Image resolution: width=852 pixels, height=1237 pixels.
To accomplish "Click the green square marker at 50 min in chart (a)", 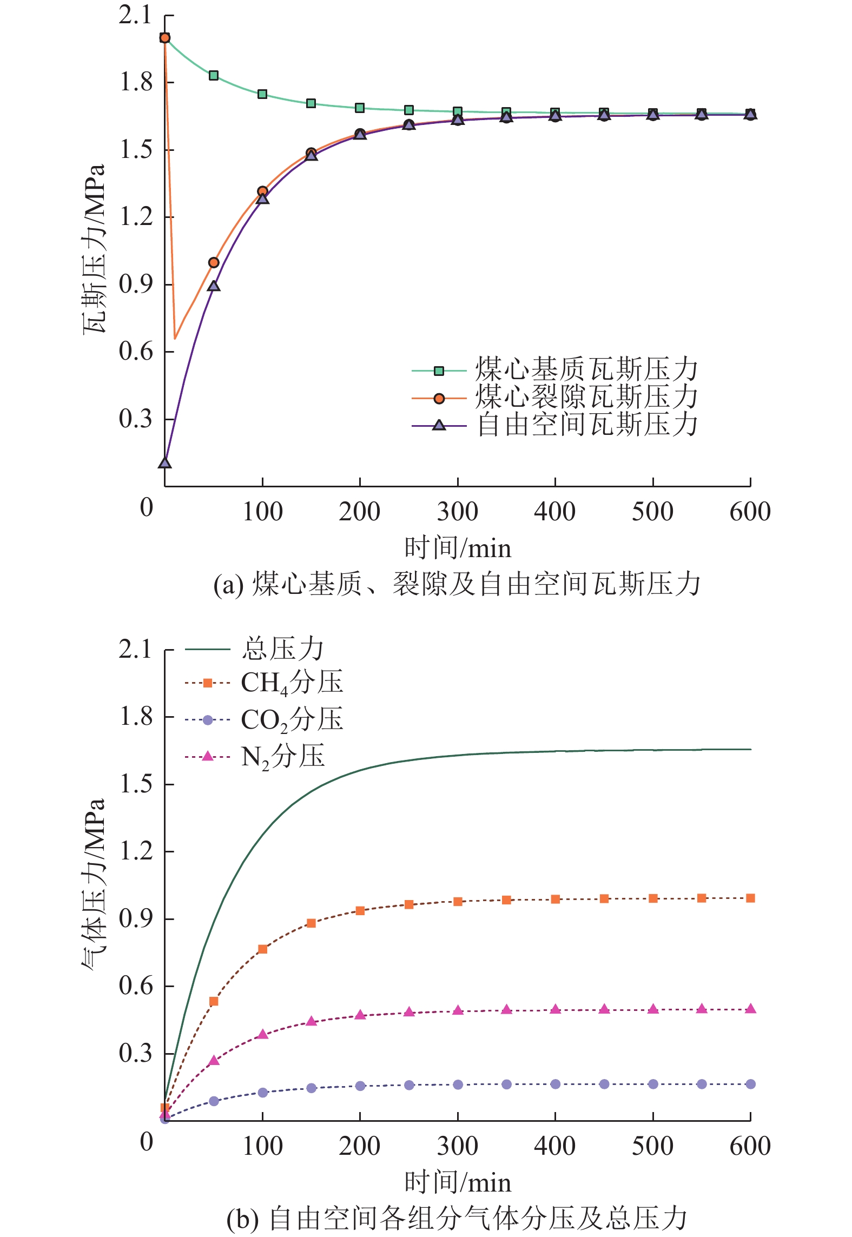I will click(214, 75).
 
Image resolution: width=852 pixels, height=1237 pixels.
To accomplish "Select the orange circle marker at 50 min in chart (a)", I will click(214, 263).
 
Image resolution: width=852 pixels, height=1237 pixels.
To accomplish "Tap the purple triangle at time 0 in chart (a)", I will click(165, 463).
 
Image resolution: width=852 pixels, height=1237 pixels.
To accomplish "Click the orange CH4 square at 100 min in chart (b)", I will click(263, 949).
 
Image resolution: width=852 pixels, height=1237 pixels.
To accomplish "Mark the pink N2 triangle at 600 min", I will click(750, 1009).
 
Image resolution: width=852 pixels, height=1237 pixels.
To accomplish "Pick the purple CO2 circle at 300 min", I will click(458, 1084).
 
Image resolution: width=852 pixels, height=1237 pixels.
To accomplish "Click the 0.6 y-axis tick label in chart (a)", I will click(136, 352).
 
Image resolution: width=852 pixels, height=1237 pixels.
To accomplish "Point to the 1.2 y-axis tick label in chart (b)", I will click(136, 851).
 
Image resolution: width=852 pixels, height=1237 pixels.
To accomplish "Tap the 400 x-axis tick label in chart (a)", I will click(555, 512).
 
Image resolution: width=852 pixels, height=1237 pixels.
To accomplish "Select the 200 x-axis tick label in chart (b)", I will click(360, 1146).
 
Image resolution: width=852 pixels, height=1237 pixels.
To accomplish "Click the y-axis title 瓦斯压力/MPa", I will click(94, 249).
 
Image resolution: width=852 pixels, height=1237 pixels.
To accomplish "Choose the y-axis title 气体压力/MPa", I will click(94, 884).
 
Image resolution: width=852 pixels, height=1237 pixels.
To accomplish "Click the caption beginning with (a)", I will click(457, 585).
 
